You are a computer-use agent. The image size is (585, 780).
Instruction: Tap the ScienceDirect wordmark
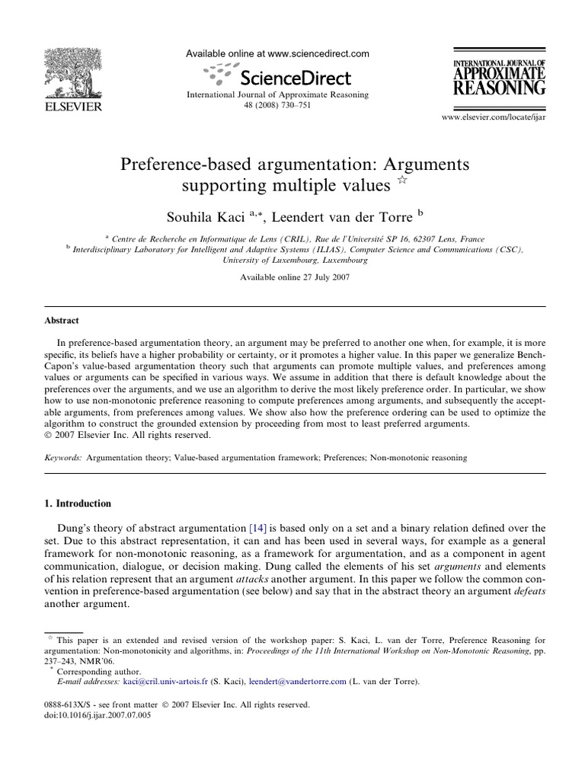pos(294,78)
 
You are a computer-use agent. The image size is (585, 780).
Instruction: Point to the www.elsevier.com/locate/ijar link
pos(494,117)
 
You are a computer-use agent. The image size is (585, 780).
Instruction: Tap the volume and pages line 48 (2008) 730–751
pos(277,106)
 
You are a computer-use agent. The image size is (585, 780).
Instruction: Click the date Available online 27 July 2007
pos(295,277)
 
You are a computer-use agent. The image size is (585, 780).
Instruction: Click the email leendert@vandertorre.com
pos(297,681)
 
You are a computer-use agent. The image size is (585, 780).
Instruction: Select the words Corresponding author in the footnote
pos(88,672)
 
